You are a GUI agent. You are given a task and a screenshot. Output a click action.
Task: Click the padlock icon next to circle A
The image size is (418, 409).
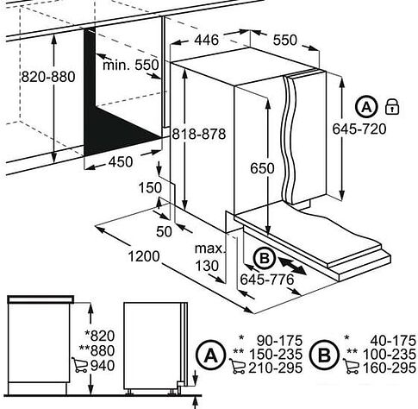pos(392,107)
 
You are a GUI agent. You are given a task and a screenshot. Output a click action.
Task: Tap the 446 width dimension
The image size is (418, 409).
pos(207,40)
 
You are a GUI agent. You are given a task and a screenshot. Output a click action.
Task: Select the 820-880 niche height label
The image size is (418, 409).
pos(48,77)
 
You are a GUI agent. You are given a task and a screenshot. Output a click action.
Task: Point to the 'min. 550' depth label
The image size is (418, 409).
pos(131,65)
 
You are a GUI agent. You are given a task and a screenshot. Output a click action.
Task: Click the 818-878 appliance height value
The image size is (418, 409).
pos(199,134)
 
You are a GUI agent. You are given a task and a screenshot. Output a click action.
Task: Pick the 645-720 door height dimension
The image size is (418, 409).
pos(359,129)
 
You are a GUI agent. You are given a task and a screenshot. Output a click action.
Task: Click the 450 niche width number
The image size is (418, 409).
pos(121,161)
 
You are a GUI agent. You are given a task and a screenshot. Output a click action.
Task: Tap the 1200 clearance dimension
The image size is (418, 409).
pos(143,256)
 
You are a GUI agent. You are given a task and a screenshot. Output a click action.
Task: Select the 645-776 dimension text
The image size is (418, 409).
pos(267,279)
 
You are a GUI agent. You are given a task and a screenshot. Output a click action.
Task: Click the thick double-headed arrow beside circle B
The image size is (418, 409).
pos(292,266)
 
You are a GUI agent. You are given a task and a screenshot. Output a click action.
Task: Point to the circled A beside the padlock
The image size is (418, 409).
pos(366,107)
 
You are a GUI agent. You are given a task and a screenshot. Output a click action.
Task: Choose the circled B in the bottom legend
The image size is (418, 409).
pos(324,356)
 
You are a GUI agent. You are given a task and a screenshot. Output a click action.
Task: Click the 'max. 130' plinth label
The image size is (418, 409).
pos(209,257)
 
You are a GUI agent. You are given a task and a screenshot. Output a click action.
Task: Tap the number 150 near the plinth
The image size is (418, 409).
pos(150,188)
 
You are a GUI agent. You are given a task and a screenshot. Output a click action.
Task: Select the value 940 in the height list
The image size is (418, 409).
pos(103,366)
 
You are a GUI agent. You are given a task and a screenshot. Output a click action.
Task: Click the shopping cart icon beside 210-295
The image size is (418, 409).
pos(237,366)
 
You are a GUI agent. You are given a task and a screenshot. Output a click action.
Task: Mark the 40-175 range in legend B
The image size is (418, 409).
pos(393,341)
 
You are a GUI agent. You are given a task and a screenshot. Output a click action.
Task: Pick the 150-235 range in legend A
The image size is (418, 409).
pos(276,354)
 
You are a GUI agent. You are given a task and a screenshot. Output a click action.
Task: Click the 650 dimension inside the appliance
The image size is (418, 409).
pos(262,168)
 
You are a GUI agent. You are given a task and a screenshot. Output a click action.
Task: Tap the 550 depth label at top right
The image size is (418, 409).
pos(284,40)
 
